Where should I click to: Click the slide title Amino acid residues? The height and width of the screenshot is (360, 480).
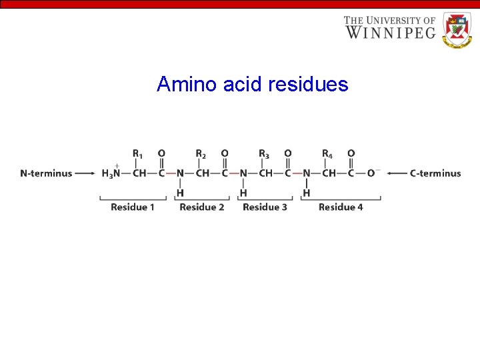pos(252,85)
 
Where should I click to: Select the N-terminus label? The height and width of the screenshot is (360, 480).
pos(46,173)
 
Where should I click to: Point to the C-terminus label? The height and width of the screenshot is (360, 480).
pos(435,173)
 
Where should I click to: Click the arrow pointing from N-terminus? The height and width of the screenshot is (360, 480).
pos(85,173)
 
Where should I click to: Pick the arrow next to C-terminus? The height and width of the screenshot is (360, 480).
pos(397,173)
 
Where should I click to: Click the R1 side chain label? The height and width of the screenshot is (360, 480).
pos(137,154)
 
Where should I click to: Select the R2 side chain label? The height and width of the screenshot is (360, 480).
pos(201,154)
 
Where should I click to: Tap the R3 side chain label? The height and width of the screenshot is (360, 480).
pos(264,154)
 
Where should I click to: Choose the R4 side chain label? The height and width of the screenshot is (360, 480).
pos(327,154)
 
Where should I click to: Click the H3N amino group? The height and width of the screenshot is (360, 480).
pos(111,173)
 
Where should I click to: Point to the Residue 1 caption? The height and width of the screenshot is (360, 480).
pos(133,207)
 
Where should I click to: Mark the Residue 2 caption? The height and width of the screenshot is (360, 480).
pos(202,207)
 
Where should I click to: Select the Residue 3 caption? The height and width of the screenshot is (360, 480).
pos(265,207)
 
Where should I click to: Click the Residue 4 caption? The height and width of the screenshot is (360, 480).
pos(341,207)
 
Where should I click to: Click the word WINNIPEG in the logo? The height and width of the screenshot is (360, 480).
pos(390,31)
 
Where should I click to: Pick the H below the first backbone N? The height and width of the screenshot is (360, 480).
pos(180,193)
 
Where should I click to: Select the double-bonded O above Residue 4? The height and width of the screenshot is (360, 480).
pos(351,153)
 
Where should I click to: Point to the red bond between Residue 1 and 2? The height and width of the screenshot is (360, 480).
pos(171,173)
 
